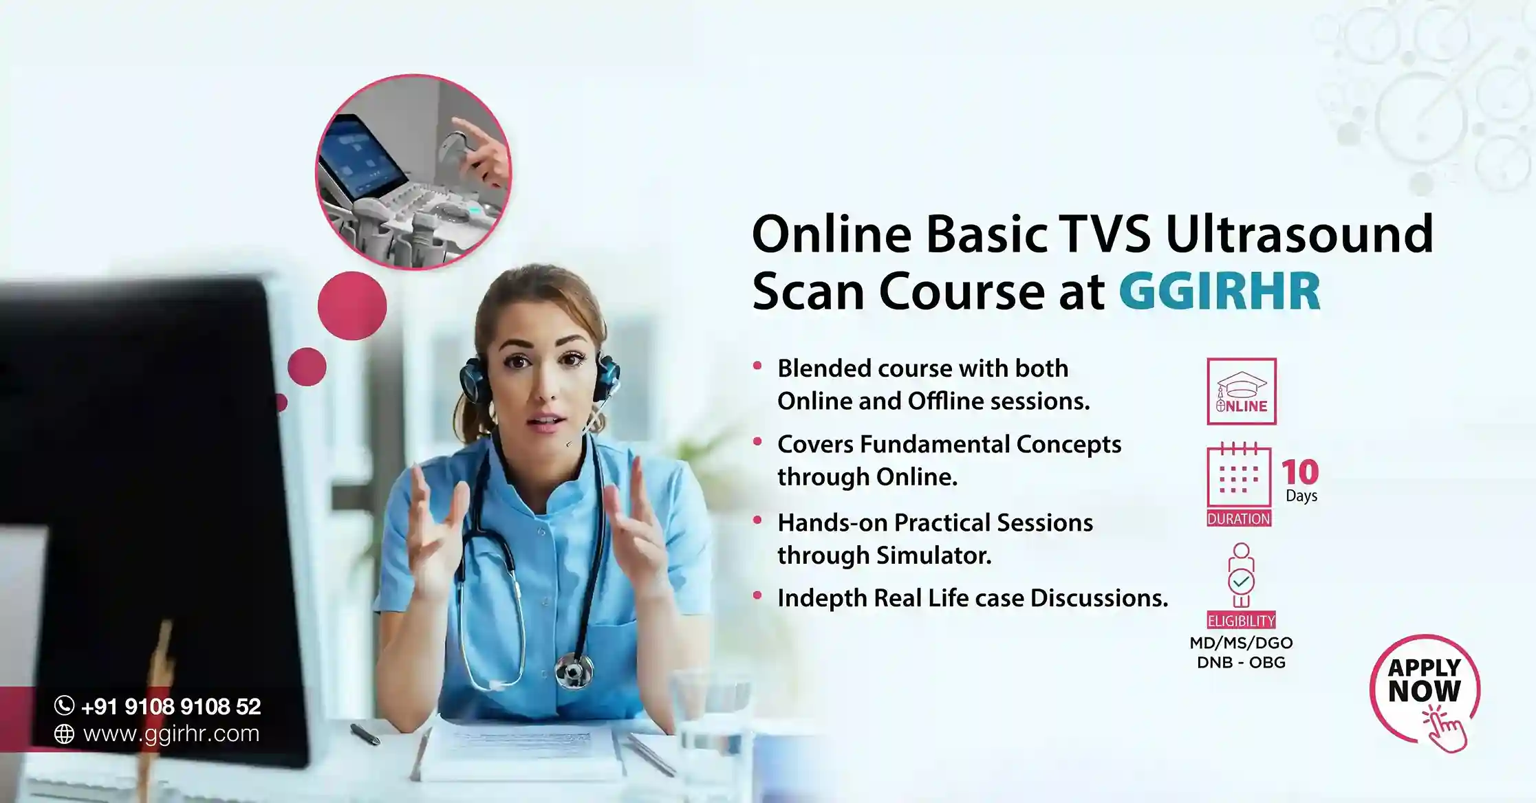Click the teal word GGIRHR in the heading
[1219, 291]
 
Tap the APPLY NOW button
[1425, 691]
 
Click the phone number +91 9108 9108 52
[171, 706]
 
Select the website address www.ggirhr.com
[171, 734]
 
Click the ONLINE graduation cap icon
[1242, 391]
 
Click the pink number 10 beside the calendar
[1300, 472]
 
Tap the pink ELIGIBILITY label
[1242, 620]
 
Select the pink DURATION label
[1239, 518]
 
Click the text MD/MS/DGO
[1242, 643]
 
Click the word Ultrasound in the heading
[1299, 234]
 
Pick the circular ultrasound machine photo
[413, 172]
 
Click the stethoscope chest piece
[574, 668]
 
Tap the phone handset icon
[64, 705]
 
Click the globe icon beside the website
[64, 734]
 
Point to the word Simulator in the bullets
[938, 555]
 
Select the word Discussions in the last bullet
[1099, 598]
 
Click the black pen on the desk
[365, 734]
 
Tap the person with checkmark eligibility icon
[1242, 575]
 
